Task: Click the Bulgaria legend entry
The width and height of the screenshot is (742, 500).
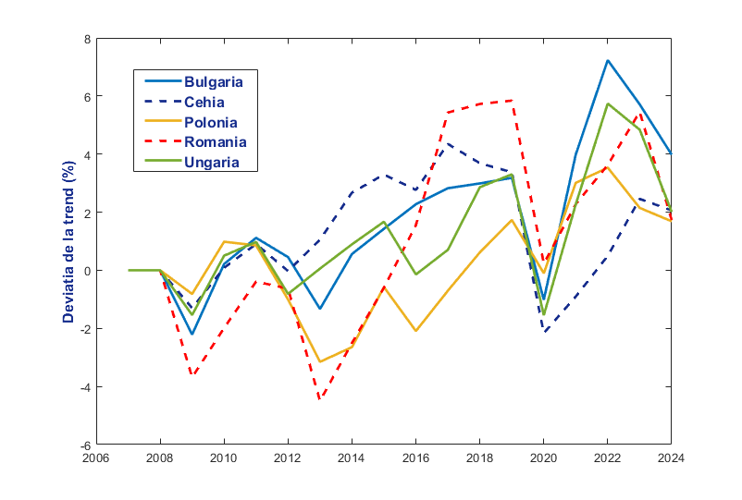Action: [x=219, y=80]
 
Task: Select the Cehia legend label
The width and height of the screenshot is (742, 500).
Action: [x=204, y=102]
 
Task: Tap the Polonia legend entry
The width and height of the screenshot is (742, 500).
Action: [x=210, y=122]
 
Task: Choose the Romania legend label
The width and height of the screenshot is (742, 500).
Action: [x=215, y=142]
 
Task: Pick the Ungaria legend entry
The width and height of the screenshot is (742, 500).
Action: [x=211, y=163]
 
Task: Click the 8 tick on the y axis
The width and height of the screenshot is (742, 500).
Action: [x=88, y=39]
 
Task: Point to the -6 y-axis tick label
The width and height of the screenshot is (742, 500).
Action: [x=85, y=445]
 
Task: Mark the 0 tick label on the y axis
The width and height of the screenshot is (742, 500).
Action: [x=88, y=271]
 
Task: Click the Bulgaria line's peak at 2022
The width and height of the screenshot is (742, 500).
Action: [x=607, y=61]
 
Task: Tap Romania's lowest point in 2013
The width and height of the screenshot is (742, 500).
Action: [x=320, y=399]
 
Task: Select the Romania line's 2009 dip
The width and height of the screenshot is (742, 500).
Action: [x=192, y=375]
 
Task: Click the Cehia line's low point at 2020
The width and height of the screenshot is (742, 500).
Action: [x=544, y=332]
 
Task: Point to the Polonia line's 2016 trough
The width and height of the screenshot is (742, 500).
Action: [x=416, y=331]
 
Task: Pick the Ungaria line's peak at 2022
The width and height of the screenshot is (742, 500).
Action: [x=607, y=104]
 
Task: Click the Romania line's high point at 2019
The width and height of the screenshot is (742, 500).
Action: [x=512, y=101]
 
